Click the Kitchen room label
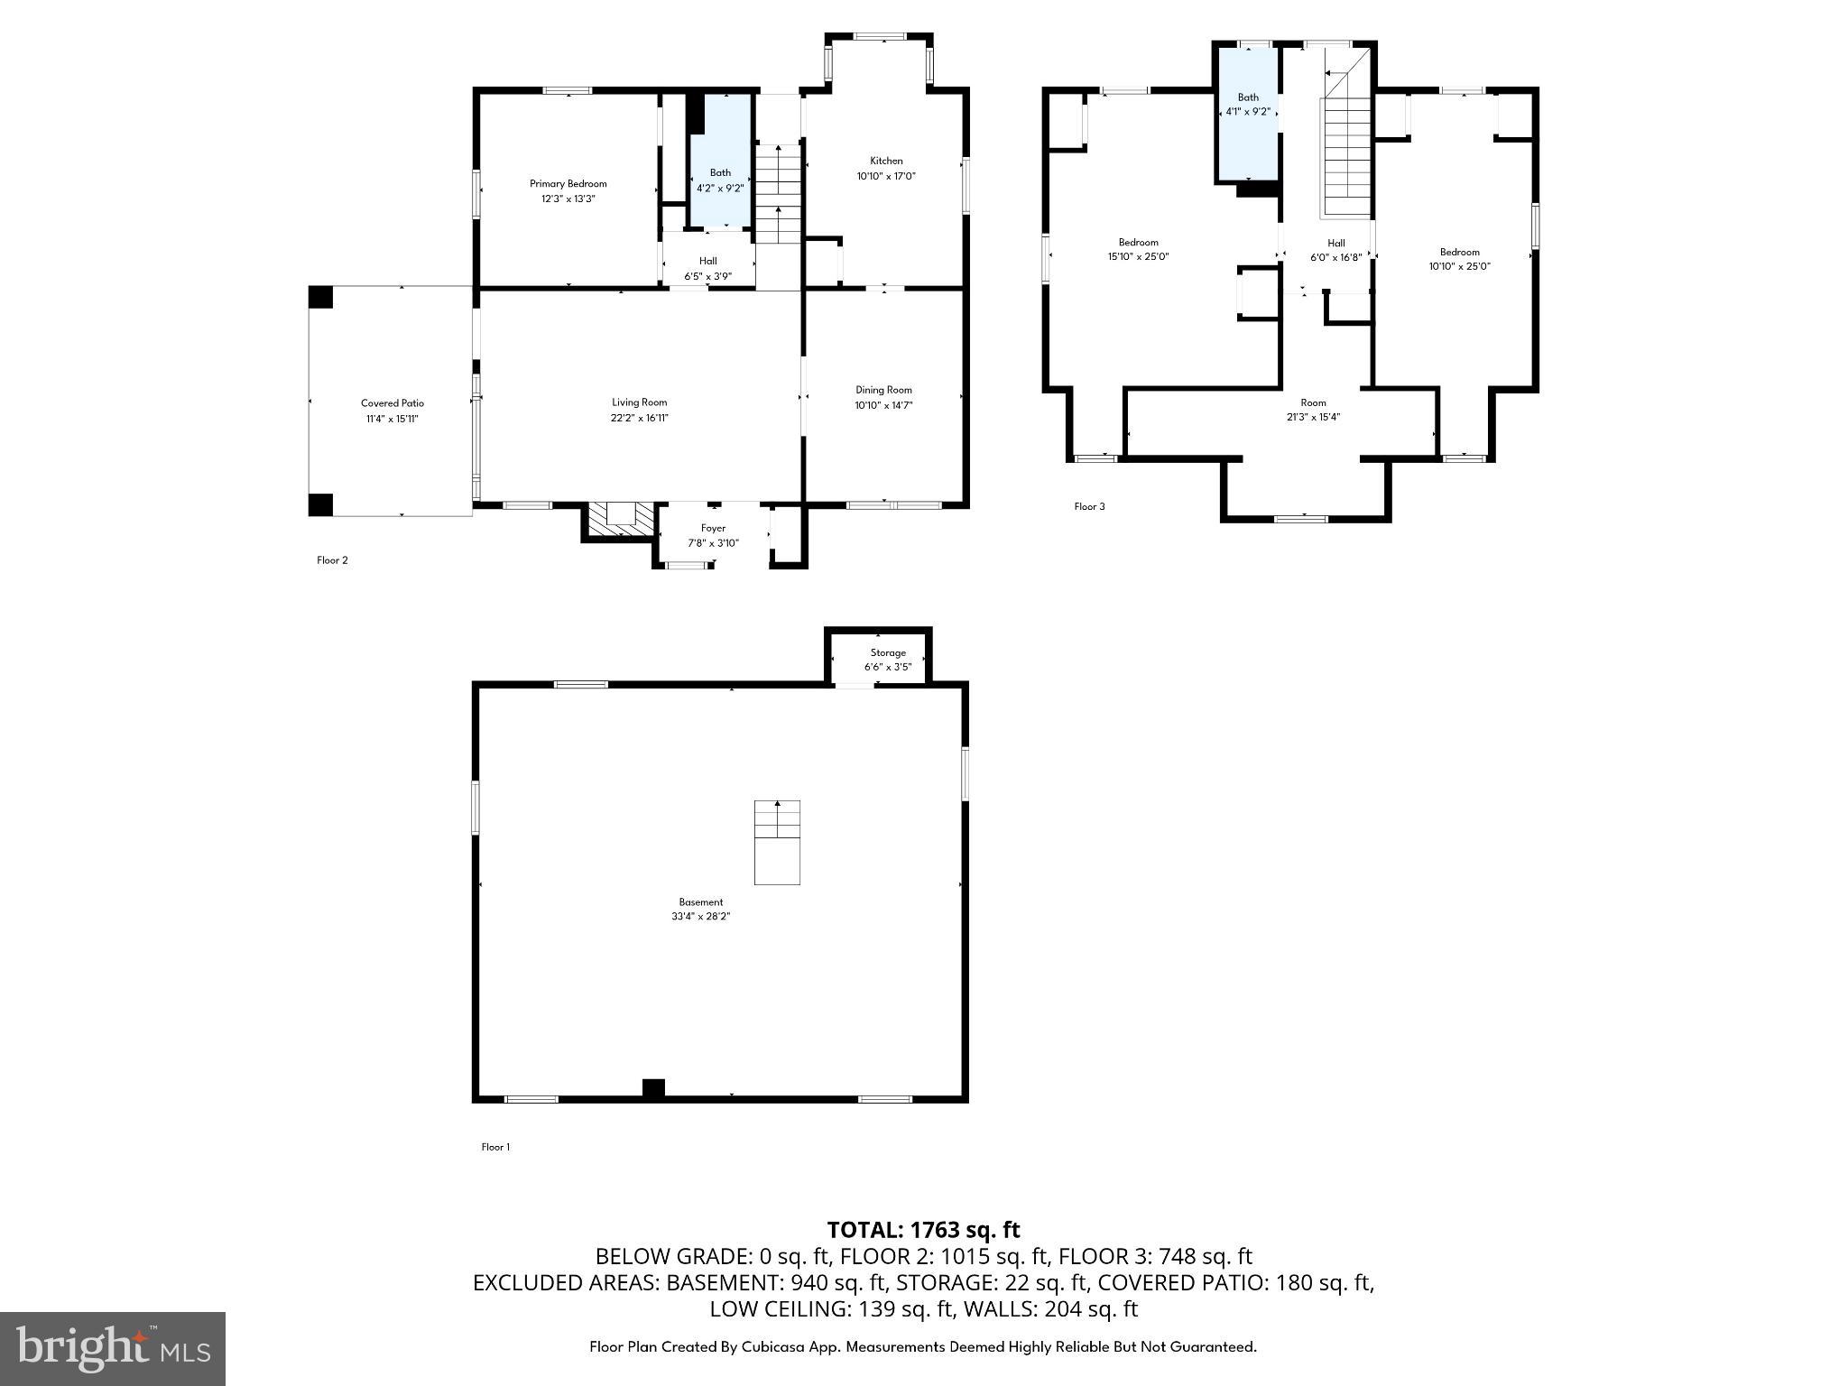885,161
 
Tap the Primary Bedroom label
568,184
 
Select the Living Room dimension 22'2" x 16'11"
639,417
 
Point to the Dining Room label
883,390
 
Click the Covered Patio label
392,403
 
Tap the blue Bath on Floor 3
1248,113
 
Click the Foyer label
713,528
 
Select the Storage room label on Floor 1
888,652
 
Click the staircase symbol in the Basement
777,841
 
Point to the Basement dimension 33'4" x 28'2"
700,916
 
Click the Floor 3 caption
1089,506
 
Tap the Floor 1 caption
495,1147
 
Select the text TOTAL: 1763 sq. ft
923,1230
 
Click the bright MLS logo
112,1348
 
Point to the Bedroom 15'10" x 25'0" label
1138,249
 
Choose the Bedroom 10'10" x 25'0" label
1459,259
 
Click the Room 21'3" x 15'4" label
1313,410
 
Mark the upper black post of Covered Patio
320,297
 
